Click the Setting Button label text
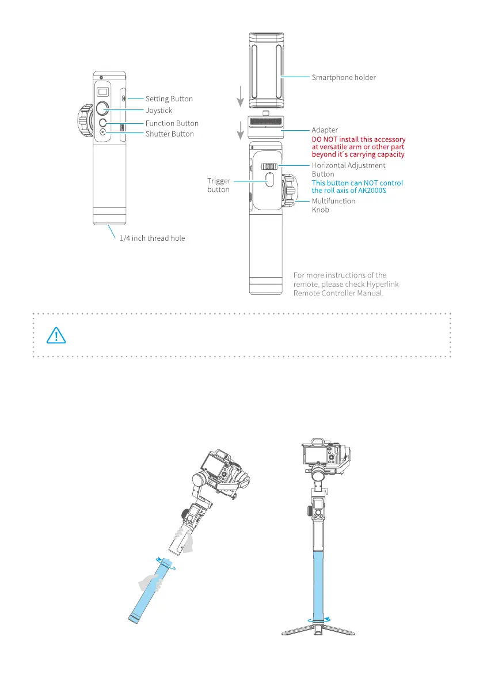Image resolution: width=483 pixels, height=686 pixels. [x=169, y=99]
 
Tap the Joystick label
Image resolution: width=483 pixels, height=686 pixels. [x=158, y=110]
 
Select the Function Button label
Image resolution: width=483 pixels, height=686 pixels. [x=172, y=123]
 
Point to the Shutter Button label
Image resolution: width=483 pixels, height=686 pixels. [x=169, y=134]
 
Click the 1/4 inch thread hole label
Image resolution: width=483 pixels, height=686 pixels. [x=152, y=238]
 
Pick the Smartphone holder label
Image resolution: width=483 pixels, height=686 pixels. [x=344, y=77]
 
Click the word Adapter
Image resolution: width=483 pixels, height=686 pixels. [x=325, y=130]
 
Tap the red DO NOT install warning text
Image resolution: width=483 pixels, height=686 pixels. [x=358, y=147]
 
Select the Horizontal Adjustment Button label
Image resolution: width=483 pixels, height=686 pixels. [x=348, y=169]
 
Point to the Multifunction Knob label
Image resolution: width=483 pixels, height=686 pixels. [x=333, y=205]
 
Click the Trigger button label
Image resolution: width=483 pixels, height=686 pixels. [x=219, y=184]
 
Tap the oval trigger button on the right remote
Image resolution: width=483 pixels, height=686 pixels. [x=269, y=180]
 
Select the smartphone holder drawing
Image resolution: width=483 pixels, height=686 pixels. [x=266, y=71]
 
